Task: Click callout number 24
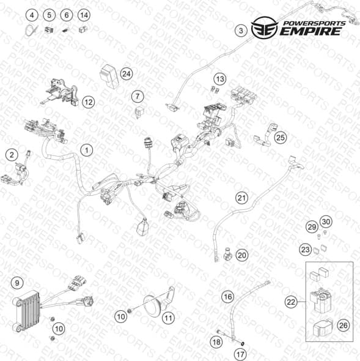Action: pos(127,74)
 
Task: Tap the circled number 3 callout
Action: pos(241,31)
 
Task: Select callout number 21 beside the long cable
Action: pos(241,198)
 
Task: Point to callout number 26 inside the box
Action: pos(343,326)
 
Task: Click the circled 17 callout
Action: pos(240,354)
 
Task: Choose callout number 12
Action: pos(89,102)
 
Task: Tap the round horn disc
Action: pos(153,306)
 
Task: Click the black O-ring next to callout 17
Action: pos(243,344)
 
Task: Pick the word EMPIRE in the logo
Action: pos(310,31)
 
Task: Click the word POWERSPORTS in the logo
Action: pos(314,23)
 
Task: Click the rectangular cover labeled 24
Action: pos(109,75)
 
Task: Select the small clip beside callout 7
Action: pos(139,112)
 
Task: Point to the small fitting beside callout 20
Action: pos(227,255)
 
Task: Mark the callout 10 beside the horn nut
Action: pos(121,317)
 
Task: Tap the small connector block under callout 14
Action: pos(83,30)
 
